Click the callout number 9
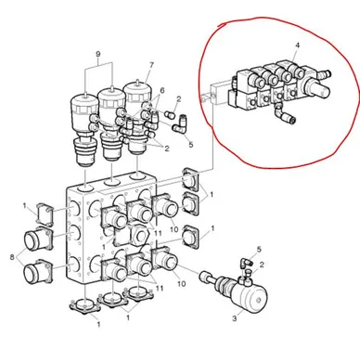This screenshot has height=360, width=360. (x=98, y=54)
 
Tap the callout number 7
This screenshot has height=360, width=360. (x=151, y=65)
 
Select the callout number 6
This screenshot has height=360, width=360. (x=162, y=91)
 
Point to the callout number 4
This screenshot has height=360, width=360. (x=297, y=45)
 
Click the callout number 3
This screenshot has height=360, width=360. (x=235, y=318)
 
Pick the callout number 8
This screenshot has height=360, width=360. (x=12, y=257)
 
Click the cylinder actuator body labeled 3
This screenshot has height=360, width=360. (x=252, y=295)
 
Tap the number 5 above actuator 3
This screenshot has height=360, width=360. (x=259, y=249)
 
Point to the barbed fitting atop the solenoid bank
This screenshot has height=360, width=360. (x=324, y=74)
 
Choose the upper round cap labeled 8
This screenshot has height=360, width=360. (x=37, y=239)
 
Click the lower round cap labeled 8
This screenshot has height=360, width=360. (x=37, y=272)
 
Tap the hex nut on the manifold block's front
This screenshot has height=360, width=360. (x=139, y=234)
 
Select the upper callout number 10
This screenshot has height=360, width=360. (x=174, y=229)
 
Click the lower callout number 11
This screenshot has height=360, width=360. (x=160, y=289)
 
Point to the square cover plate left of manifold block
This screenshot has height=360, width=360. (x=45, y=214)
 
